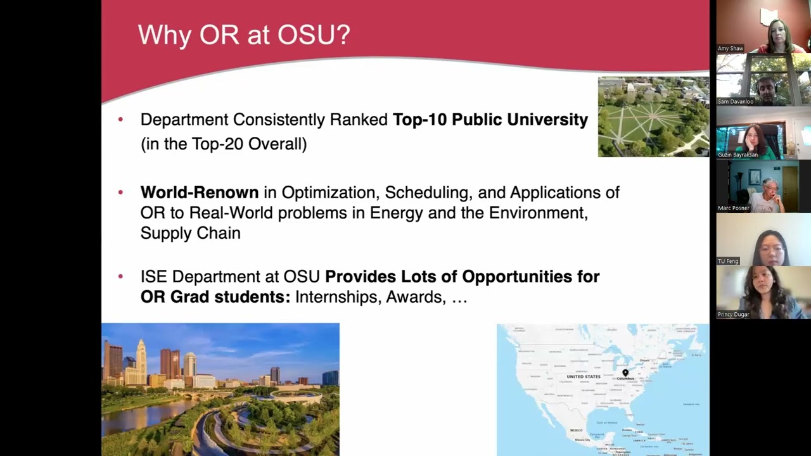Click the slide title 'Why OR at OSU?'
[244, 35]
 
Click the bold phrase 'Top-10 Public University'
[490, 120]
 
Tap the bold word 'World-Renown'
[199, 193]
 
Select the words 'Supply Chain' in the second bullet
[190, 233]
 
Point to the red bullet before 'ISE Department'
[121, 277]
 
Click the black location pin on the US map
[625, 373]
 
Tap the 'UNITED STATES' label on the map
[583, 377]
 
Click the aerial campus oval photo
[653, 117]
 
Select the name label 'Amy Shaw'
[730, 49]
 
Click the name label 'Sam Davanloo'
[735, 102]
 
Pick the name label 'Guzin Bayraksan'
[737, 155]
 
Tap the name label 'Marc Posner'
[733, 208]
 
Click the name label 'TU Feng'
[728, 262]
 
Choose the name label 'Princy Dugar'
[733, 315]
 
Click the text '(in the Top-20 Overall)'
[224, 144]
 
